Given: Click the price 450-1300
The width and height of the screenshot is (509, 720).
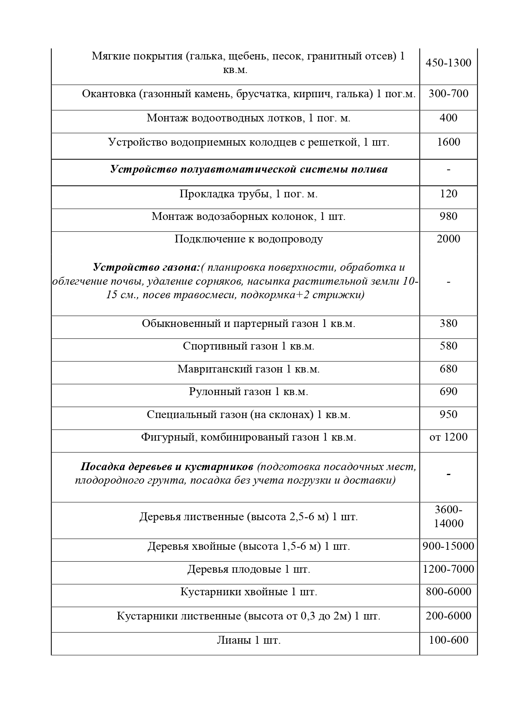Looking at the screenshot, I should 448,63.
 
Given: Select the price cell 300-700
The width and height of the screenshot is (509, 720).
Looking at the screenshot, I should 448,94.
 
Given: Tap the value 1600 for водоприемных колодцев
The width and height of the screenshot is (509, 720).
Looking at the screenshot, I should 448,142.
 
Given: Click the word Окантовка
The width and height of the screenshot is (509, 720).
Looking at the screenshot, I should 109,94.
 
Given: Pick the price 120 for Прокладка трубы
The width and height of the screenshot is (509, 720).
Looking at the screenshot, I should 448,194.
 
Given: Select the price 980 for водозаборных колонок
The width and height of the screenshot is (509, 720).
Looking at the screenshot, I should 448,216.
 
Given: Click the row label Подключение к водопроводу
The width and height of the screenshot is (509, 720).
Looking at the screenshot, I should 249,239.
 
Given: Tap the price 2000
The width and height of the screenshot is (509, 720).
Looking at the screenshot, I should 448,239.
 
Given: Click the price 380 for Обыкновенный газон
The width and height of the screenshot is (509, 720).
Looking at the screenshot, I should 448,323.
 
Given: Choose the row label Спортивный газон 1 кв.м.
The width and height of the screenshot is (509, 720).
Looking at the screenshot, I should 249,346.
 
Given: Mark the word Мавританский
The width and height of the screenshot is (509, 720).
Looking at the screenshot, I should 210,369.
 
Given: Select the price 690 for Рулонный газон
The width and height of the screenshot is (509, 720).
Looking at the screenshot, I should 448,391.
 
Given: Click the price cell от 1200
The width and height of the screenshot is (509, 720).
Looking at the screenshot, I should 448,437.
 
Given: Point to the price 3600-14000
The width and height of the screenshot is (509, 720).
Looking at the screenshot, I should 448,517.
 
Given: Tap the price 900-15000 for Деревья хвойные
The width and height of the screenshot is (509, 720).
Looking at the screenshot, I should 448,546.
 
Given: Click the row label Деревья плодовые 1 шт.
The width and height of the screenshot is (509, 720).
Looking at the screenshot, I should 249,569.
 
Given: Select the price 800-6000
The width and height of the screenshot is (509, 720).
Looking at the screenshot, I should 448,592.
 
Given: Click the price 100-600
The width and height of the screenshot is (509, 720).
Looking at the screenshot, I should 448,640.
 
